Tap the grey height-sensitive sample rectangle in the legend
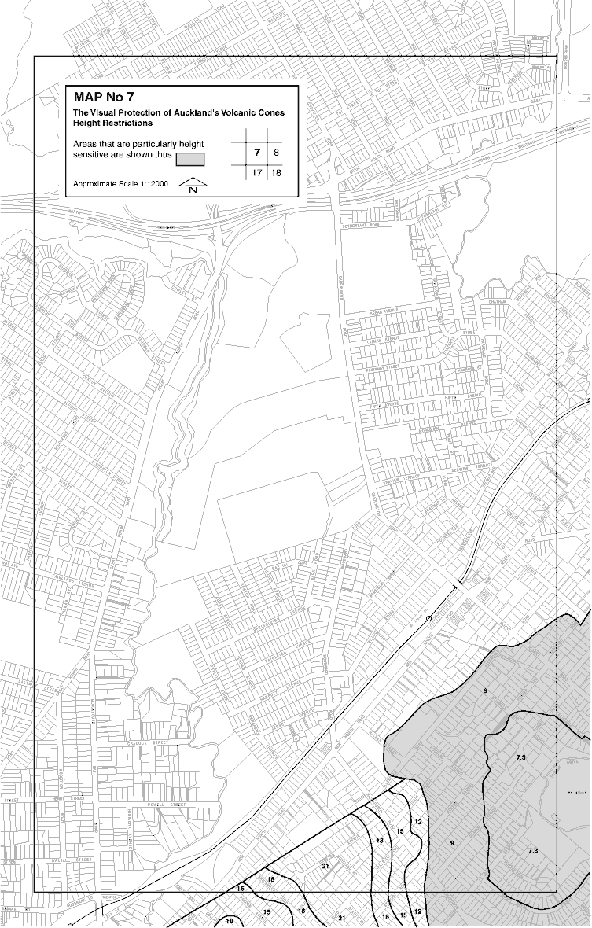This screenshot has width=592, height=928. click(189, 159)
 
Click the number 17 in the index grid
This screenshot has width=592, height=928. click(256, 172)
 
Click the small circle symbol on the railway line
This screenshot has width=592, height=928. click(428, 619)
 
